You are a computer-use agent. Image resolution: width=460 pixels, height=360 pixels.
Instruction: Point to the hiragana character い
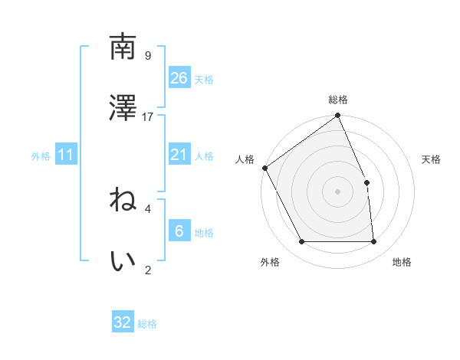pyautogui.click(x=123, y=261)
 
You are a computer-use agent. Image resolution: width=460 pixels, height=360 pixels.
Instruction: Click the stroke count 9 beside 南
pyautogui.click(x=147, y=56)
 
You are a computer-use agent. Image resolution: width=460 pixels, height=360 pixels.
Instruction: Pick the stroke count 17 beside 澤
pyautogui.click(x=148, y=117)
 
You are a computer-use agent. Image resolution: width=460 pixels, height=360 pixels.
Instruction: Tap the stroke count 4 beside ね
pyautogui.click(x=147, y=208)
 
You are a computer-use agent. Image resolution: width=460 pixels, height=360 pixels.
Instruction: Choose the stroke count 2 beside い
pyautogui.click(x=147, y=270)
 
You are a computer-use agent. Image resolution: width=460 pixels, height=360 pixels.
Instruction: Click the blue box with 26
pyautogui.click(x=179, y=77)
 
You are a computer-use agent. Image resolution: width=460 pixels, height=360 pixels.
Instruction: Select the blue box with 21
pyautogui.click(x=179, y=155)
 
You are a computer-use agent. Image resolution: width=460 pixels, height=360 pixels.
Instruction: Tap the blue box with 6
pyautogui.click(x=179, y=231)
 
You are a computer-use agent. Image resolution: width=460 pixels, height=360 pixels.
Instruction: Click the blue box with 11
pyautogui.click(x=66, y=155)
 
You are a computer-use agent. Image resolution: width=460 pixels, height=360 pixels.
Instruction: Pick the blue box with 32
pyautogui.click(x=123, y=322)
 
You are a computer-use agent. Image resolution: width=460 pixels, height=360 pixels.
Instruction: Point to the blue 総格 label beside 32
pyautogui.click(x=147, y=324)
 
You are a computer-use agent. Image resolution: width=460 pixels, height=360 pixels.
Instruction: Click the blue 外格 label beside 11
pyautogui.click(x=41, y=156)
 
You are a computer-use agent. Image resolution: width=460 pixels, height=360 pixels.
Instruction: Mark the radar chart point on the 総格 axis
pyautogui.click(x=337, y=116)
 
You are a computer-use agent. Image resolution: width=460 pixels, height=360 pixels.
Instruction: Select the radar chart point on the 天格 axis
pyautogui.click(x=366, y=182)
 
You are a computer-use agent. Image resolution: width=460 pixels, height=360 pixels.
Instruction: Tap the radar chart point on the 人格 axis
pyautogui.click(x=264, y=168)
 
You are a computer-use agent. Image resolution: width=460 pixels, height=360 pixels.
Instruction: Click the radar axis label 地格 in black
pyautogui.click(x=402, y=262)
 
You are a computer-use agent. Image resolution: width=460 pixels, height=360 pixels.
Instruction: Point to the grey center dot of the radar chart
pyautogui.click(x=337, y=191)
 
